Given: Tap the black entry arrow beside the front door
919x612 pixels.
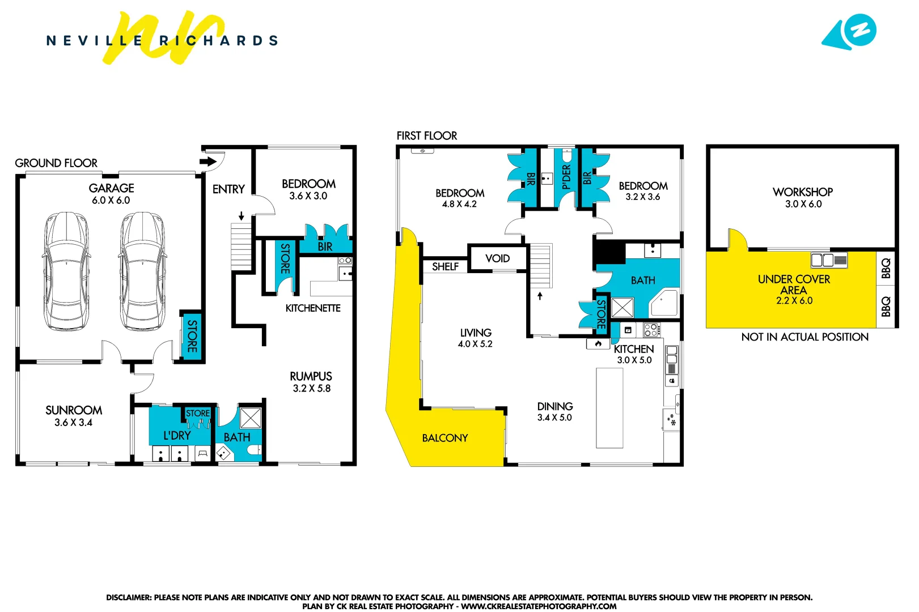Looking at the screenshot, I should click(208, 162).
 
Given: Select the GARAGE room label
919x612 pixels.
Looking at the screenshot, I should click(111, 188).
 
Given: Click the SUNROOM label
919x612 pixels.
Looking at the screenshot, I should click(74, 410).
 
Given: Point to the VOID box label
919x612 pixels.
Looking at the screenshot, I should click(497, 259).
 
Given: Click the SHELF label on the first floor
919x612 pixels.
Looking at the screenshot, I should click(445, 267).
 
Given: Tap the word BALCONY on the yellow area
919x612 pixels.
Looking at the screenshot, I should click(445, 438).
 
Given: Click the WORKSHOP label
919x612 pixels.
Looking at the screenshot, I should click(802, 192).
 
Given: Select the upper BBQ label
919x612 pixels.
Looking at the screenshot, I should click(886, 268).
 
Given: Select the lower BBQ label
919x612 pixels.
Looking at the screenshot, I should click(886, 307).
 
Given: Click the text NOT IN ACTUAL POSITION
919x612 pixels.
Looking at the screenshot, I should click(804, 337).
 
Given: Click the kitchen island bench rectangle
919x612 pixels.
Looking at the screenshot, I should click(609, 408).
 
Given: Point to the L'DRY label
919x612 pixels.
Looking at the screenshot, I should click(177, 436).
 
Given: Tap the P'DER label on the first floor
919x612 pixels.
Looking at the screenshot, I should click(566, 177).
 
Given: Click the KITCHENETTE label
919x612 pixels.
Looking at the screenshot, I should click(313, 308).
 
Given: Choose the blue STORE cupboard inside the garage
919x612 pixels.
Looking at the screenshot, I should click(192, 336).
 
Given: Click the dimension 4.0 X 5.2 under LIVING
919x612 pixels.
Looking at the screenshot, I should click(475, 344).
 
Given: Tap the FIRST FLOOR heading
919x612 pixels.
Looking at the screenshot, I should click(426, 136).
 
